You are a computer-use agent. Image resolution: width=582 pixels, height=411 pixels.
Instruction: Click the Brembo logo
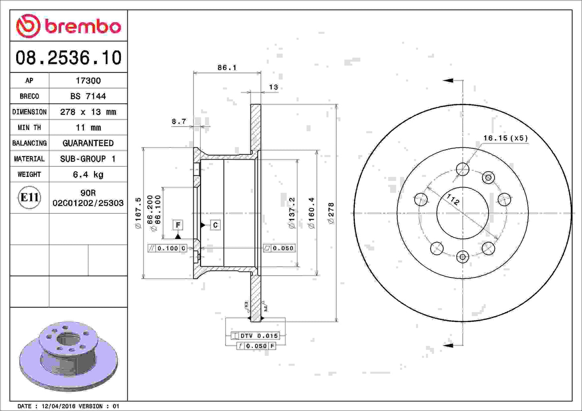(68, 26)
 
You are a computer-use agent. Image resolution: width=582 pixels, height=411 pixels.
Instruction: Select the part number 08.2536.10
(68, 58)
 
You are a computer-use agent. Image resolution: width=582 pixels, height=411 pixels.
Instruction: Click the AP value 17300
(88, 80)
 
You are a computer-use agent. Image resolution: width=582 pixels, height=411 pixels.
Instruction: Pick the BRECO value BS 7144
(88, 96)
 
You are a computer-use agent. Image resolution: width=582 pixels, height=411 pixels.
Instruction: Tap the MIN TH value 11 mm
(88, 127)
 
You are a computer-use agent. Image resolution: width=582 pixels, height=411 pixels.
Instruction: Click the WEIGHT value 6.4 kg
(88, 175)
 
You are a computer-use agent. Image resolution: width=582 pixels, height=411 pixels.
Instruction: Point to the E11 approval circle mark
(29, 197)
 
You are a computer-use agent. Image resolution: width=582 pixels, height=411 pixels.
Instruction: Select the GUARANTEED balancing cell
(88, 143)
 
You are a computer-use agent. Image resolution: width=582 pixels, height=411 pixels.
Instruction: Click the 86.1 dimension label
(227, 68)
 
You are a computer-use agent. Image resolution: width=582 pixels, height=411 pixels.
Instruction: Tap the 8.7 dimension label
(179, 121)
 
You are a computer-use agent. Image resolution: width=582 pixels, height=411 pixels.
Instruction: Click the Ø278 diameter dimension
(331, 213)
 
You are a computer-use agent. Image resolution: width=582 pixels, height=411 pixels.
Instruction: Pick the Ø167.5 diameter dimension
(138, 213)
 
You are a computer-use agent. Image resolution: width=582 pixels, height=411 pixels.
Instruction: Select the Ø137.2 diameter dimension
(292, 213)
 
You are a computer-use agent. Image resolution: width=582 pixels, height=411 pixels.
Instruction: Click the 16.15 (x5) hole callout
(505, 138)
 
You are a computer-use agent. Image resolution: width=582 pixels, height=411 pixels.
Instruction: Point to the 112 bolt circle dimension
(453, 199)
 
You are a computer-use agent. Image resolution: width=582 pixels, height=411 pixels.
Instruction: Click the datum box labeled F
(178, 225)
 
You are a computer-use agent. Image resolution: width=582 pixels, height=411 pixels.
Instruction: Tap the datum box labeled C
(215, 225)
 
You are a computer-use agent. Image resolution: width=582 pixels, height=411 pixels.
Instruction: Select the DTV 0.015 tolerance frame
(255, 336)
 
